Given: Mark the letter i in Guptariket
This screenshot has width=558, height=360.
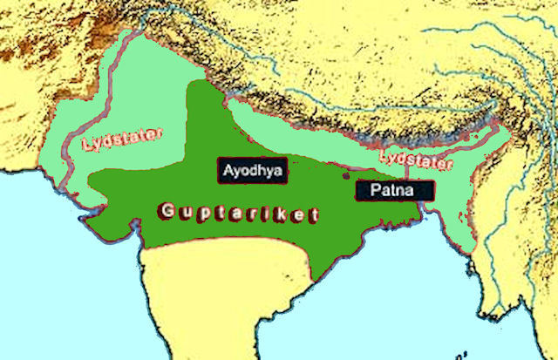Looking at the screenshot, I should (x=269, y=212).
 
